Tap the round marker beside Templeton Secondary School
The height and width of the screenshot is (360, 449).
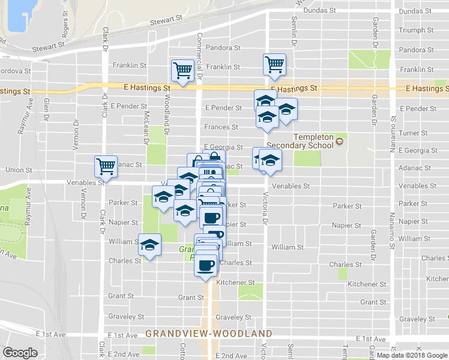click(x=340, y=142)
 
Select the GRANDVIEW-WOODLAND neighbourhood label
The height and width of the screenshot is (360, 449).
click(x=209, y=333)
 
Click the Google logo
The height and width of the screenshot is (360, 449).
click(x=20, y=353)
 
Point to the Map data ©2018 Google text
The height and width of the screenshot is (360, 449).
click(x=412, y=355)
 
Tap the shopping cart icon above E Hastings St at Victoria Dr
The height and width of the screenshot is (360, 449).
click(x=274, y=64)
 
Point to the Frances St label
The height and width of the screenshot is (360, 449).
click(x=221, y=127)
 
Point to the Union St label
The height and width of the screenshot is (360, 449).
click(x=17, y=170)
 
